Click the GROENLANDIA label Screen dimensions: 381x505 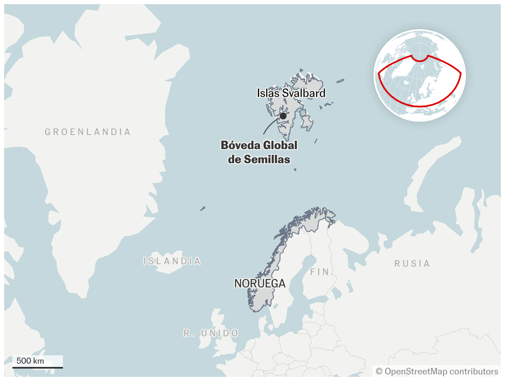pyautogui.click(x=88, y=132)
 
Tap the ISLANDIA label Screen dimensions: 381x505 pyautogui.click(x=172, y=261)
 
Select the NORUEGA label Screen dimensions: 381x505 pyautogui.click(x=260, y=284)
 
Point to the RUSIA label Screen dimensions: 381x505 pyautogui.click(x=412, y=264)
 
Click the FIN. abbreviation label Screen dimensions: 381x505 pyautogui.click(x=322, y=272)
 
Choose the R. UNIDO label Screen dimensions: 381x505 pyautogui.click(x=211, y=333)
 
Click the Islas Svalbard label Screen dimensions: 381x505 pyautogui.click(x=291, y=93)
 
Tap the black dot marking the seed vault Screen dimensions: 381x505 pyautogui.click(x=283, y=116)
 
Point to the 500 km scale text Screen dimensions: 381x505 pyautogui.click(x=30, y=361)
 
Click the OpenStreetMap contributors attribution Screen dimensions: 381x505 pyautogui.click(x=441, y=371)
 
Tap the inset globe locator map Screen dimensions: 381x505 pyautogui.click(x=420, y=75)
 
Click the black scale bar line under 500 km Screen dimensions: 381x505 pyautogui.click(x=38, y=367)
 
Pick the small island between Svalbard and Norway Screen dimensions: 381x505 pyautogui.click(x=295, y=169)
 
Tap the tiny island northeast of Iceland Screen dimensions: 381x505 pyautogui.click(x=203, y=208)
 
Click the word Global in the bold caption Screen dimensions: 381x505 pyautogui.click(x=281, y=145)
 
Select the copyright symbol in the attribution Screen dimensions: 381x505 pyautogui.click(x=379, y=371)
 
